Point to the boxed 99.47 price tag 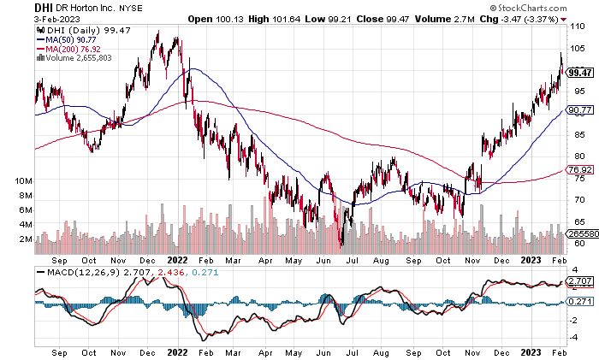point(580,73)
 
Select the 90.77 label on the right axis point(580,109)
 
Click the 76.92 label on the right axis point(580,170)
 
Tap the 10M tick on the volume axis point(23,182)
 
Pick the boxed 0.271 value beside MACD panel point(580,301)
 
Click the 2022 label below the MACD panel point(176,351)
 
